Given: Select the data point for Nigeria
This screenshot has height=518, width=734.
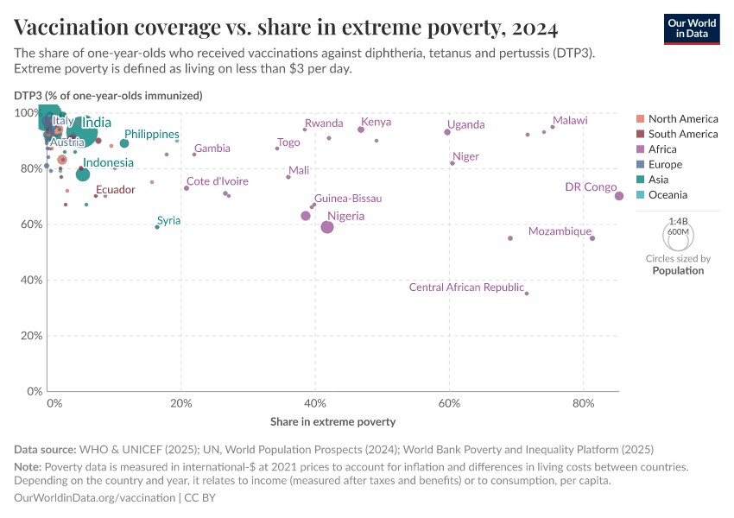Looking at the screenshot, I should point(327,227).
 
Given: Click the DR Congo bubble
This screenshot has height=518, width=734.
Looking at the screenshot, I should point(619,196).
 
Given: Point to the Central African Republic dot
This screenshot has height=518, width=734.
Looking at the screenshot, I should point(527,294).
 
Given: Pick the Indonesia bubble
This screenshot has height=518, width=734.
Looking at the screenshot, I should point(83,174).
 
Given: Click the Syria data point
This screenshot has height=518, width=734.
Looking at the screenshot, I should point(156,227).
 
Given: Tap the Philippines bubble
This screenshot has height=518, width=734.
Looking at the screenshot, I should point(124,143).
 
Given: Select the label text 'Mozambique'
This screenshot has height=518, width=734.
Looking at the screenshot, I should point(560,231).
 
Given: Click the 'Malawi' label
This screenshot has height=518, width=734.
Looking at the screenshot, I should point(570,121).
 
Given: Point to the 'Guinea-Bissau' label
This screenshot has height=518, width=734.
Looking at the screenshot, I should point(348,199).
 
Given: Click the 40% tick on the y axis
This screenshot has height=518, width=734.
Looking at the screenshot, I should point(29,280).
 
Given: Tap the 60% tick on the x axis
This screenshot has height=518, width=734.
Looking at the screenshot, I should point(448,404).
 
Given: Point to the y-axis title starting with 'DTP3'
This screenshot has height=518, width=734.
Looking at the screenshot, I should point(108,95).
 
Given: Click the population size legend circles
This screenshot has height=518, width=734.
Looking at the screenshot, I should point(677,235).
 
